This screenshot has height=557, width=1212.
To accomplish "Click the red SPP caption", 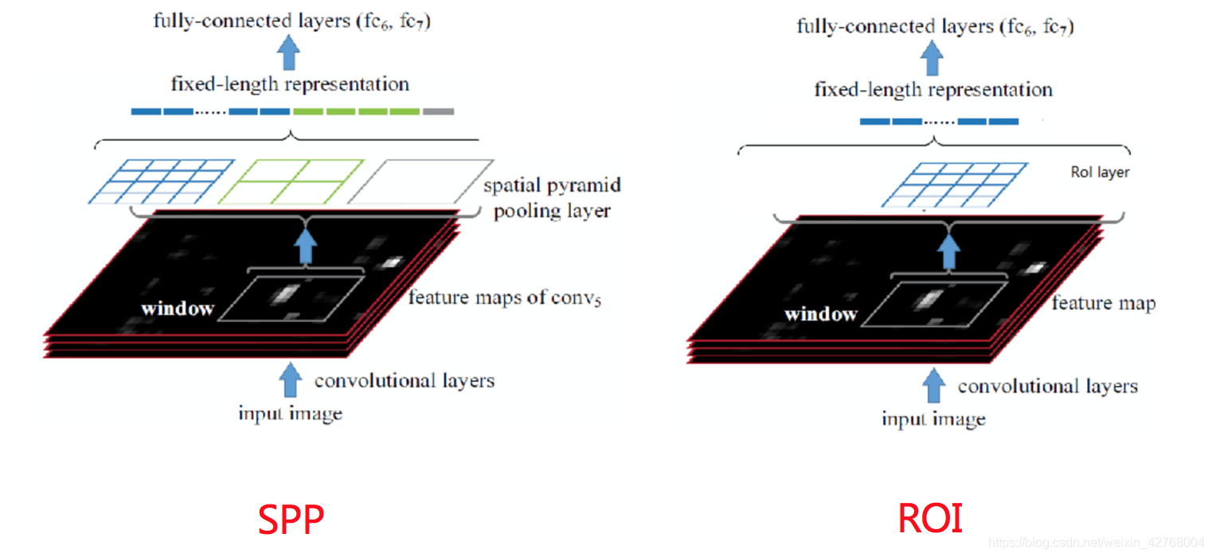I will click(x=291, y=520).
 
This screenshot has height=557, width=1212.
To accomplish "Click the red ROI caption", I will click(x=930, y=519).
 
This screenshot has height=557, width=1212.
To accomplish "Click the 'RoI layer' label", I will click(x=1100, y=172).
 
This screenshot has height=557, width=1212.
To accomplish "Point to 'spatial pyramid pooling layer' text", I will click(x=552, y=198).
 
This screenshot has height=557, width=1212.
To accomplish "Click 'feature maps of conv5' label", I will click(x=503, y=298).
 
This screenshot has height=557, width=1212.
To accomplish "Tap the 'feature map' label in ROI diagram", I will click(x=1103, y=303).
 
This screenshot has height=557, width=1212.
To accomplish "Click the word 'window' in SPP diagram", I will click(x=177, y=308).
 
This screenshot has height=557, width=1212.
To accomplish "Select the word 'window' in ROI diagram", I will click(x=820, y=314).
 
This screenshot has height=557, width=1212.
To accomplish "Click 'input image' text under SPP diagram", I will click(x=290, y=414).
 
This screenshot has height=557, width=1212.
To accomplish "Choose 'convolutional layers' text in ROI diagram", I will click(x=1047, y=387).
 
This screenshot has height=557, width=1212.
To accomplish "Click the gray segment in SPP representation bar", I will click(x=439, y=111).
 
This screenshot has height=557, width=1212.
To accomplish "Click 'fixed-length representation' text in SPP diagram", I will click(x=290, y=84).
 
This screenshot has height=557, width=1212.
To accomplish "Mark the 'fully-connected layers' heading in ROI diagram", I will click(x=935, y=26).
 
